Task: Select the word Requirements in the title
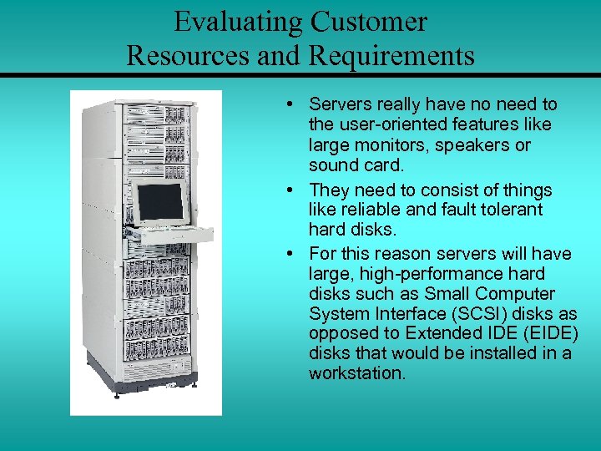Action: [x=391, y=56]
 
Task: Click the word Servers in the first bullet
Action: [x=336, y=104]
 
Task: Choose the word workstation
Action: [x=356, y=373]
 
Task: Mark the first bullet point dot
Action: [x=287, y=104]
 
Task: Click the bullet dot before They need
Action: [x=287, y=189]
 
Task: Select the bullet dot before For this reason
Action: [x=287, y=253]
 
